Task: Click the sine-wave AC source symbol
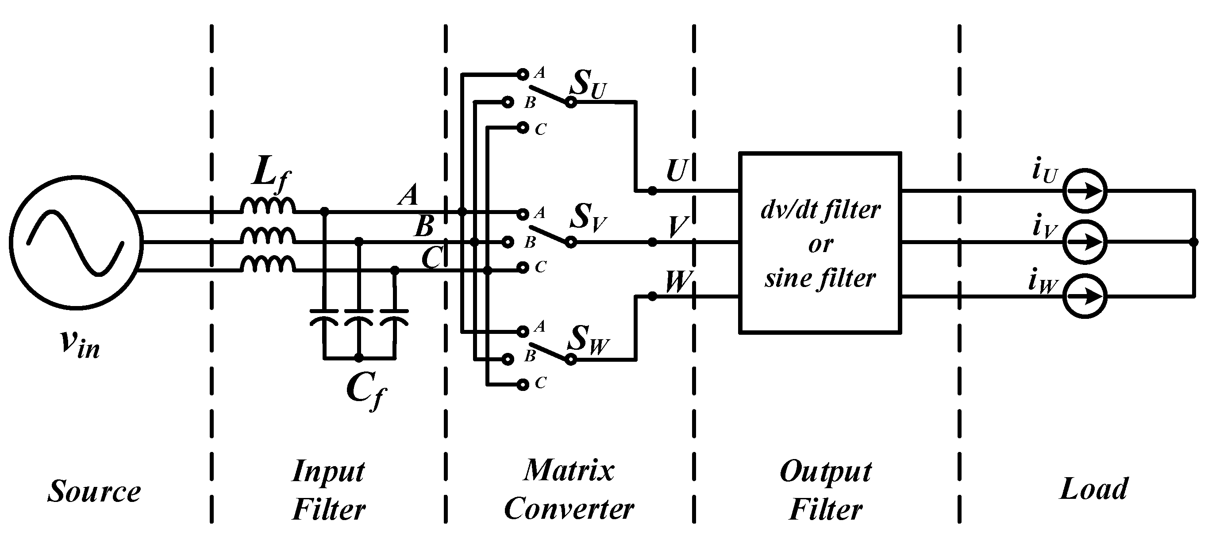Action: click(76, 242)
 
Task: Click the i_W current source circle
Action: click(1085, 297)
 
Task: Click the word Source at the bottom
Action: click(94, 492)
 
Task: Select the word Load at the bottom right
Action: click(1093, 489)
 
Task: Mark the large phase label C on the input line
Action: click(432, 258)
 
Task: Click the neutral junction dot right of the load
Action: click(1194, 242)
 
